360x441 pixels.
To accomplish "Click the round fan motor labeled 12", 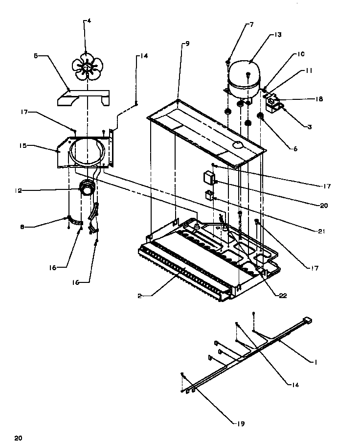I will click(87, 189).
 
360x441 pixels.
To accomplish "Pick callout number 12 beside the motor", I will click(18, 191).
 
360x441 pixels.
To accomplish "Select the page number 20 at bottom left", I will click(18, 437).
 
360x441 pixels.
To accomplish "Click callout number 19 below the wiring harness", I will click(242, 424).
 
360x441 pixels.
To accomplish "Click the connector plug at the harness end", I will click(308, 321).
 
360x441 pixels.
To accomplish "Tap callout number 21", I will click(321, 231).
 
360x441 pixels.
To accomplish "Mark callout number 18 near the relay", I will click(318, 99).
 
